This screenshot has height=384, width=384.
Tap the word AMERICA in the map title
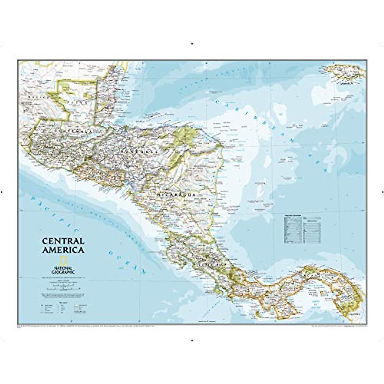(63, 250)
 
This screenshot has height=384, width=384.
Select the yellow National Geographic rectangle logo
(59, 260)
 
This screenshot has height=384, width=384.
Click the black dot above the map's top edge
(192, 43)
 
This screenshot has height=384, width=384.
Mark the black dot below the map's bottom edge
(192, 340)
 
